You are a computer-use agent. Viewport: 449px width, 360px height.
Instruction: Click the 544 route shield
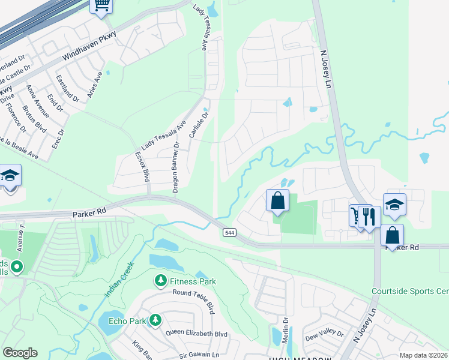tap(229, 232)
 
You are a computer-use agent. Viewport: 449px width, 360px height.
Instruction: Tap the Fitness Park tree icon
tap(160, 280)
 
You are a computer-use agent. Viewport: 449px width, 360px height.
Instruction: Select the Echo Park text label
tap(127, 321)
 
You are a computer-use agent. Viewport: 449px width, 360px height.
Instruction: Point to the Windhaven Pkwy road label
tap(92, 53)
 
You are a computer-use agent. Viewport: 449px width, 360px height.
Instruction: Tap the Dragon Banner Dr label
tap(176, 167)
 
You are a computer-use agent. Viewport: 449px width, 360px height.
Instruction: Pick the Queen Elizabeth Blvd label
tap(196, 334)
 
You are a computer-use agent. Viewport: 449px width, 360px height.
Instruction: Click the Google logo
tap(20, 353)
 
